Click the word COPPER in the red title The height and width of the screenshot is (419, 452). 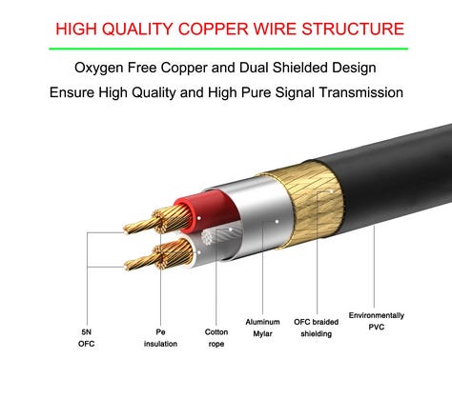213,29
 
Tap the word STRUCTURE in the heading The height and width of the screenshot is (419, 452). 353,29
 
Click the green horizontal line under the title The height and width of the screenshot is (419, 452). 228,49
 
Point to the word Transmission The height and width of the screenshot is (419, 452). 361,92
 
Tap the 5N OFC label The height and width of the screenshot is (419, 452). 86,338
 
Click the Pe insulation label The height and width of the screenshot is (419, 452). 160,338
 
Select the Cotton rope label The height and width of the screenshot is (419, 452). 216,338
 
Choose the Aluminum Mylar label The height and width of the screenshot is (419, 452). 262,328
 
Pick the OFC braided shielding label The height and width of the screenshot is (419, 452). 317,328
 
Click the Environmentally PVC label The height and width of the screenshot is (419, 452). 377,321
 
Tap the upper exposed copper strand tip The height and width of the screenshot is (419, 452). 127,229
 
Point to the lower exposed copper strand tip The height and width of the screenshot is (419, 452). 127,266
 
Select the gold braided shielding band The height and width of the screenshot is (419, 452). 310,203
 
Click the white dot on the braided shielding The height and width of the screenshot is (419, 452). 331,191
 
